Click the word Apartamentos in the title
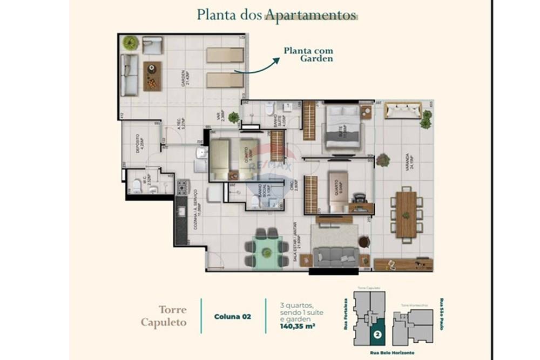pyautogui.click(x=310, y=15)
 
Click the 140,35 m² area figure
pyautogui.click(x=298, y=326)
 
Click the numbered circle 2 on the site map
pyautogui.click(x=378, y=334)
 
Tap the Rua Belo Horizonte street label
pyautogui.click(x=392, y=352)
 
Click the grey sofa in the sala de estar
pyautogui.click(x=335, y=256)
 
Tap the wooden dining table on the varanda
pyautogui.click(x=406, y=214)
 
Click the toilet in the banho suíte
pyautogui.click(x=268, y=110)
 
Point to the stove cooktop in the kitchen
pyautogui.click(x=181, y=188)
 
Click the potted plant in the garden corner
pyautogui.click(x=130, y=42)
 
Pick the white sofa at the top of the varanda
pyautogui.click(x=403, y=111)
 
